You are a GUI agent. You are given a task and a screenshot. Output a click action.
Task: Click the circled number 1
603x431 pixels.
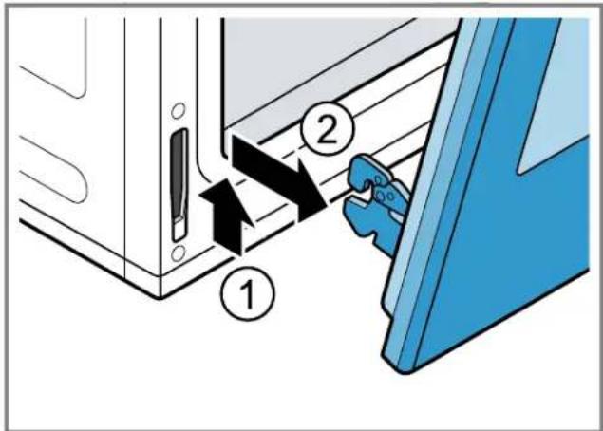coord(248,293)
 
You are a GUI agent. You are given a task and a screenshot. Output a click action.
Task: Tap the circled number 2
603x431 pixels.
coord(327,129)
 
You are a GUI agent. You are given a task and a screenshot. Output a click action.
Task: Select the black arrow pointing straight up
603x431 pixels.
coord(227,216)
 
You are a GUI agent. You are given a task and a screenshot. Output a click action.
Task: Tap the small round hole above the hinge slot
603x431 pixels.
coord(179,111)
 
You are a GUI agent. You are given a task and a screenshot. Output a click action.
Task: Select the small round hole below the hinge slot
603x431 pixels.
coord(179,253)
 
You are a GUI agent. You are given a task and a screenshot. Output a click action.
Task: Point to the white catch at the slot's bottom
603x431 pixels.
coord(179,229)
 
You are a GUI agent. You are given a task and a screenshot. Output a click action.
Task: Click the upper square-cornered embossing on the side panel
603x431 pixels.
coord(54,58)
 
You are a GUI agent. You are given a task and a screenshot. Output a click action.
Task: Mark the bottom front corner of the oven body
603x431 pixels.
coord(160,297)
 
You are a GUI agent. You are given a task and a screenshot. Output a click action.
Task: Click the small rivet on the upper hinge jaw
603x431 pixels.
coord(378,180)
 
